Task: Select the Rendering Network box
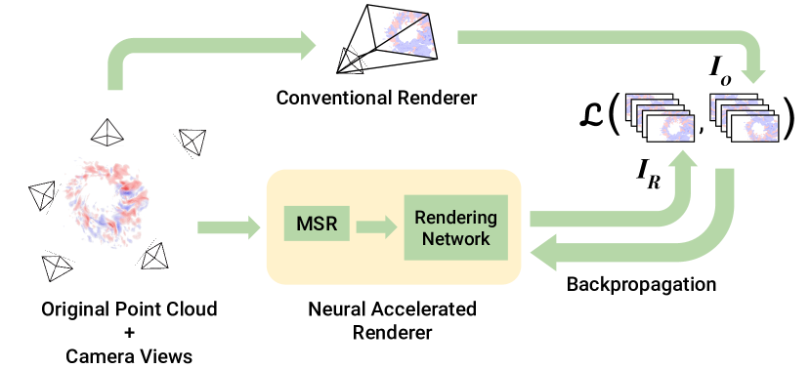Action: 455,227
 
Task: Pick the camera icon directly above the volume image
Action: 106,133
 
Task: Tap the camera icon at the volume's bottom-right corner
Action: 155,261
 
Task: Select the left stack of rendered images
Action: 661,117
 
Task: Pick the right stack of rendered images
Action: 746,117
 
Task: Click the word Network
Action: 455,238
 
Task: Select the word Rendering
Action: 455,217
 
